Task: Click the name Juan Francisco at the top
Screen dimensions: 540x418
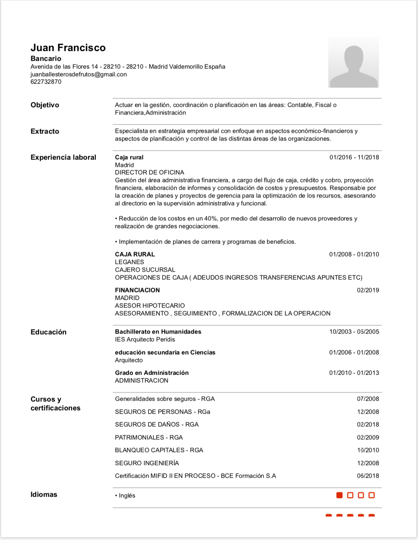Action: [68, 47]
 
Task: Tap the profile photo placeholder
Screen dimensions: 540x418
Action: [353, 62]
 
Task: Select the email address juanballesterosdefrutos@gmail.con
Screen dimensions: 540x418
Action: [78, 74]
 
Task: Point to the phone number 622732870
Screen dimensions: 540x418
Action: [46, 82]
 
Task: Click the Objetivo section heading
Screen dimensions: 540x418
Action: [45, 105]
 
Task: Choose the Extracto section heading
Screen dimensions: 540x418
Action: [45, 131]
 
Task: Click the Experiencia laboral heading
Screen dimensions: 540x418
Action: [63, 157]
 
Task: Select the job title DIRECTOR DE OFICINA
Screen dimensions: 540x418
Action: [150, 172]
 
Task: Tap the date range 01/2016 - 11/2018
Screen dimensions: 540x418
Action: [354, 157]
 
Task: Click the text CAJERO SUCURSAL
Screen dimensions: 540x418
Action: [145, 270]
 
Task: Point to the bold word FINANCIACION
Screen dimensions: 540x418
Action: [137, 290]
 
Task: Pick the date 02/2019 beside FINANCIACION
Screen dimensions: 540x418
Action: [368, 290]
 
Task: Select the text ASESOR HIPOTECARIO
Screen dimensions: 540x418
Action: [150, 306]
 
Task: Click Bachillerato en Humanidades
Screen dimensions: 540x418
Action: [158, 332]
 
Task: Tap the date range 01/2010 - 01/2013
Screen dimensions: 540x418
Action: [354, 373]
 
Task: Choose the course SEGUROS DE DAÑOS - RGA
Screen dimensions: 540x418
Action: [157, 424]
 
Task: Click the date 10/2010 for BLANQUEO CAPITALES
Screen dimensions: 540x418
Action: [368, 450]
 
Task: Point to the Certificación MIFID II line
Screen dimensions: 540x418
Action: [195, 476]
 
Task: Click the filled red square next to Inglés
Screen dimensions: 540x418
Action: [340, 495]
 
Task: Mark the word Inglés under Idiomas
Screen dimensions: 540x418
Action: [127, 495]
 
